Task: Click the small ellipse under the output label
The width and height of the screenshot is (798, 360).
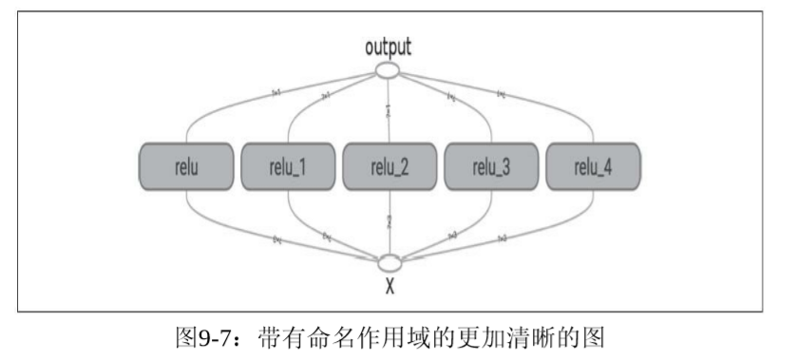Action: point(389,69)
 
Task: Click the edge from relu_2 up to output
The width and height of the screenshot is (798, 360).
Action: point(390,109)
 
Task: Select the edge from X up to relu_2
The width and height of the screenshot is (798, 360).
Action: point(390,223)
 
